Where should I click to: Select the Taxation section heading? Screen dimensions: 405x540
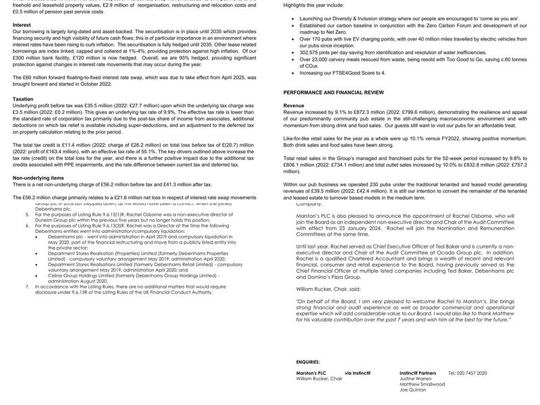(x=23, y=99)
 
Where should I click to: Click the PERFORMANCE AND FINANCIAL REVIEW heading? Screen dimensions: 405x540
(x=333, y=92)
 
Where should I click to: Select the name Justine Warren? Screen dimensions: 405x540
(x=415, y=378)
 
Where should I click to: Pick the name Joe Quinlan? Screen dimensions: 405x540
(x=412, y=389)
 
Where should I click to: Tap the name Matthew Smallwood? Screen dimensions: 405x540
(x=422, y=384)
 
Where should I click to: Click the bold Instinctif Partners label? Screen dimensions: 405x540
(x=418, y=373)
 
